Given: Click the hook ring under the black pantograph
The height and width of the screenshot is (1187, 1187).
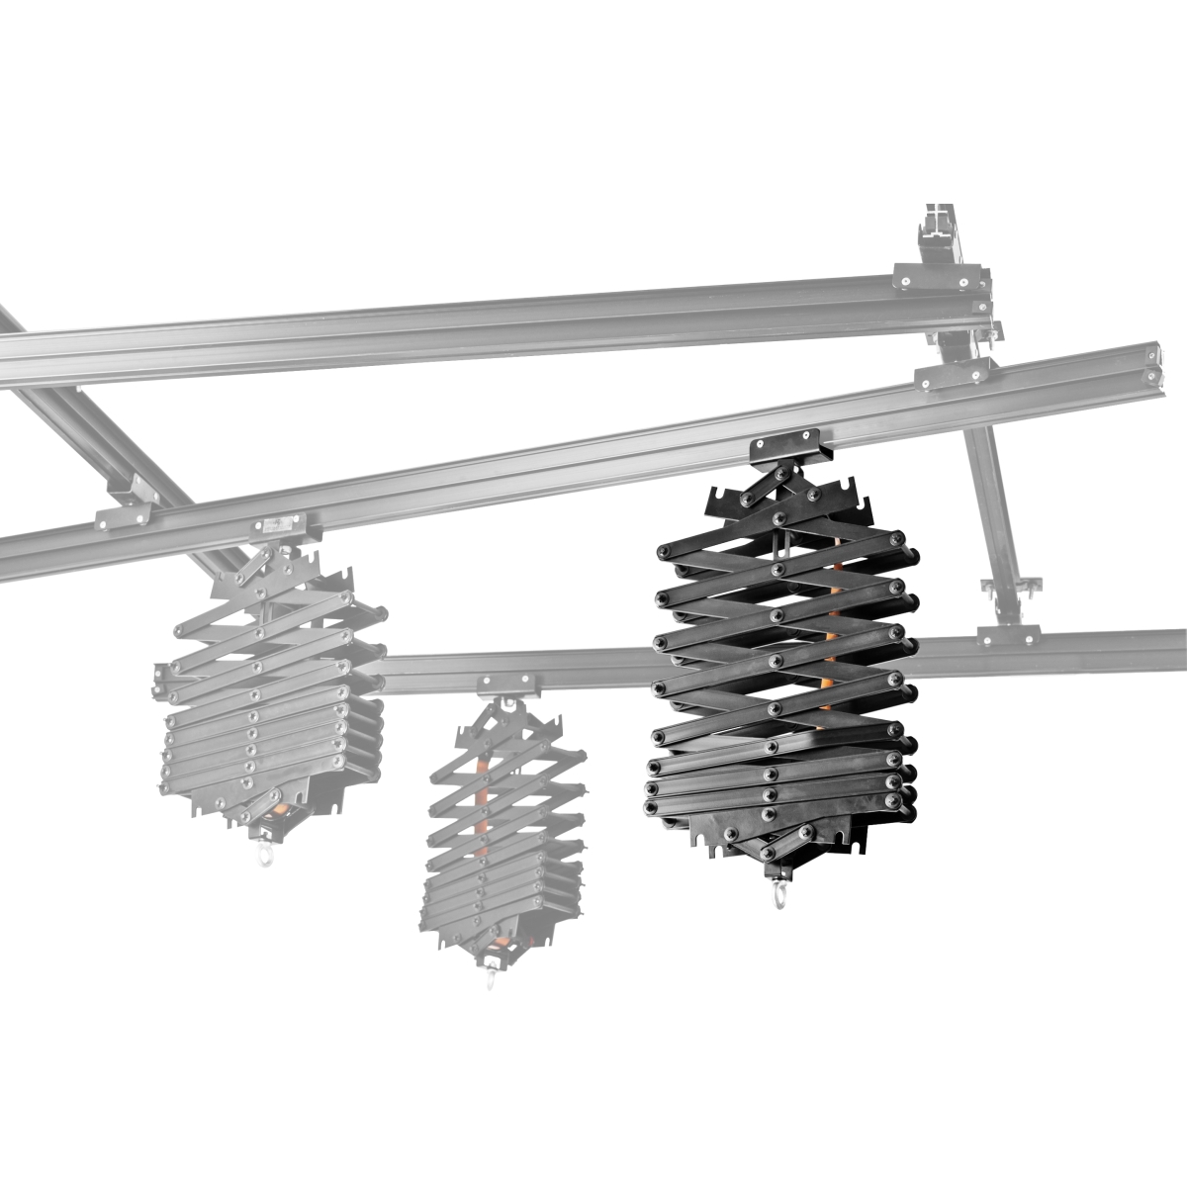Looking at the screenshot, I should pyautogui.click(x=779, y=898).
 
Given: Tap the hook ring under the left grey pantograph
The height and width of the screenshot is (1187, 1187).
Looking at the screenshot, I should pyautogui.click(x=264, y=855).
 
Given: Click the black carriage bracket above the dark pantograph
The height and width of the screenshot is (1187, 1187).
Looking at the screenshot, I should pyautogui.click(x=785, y=451).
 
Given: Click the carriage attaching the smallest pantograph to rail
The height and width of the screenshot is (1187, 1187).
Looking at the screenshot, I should pyautogui.click(x=507, y=685).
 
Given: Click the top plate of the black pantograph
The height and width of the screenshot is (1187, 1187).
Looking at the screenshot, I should pyautogui.click(x=791, y=501).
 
